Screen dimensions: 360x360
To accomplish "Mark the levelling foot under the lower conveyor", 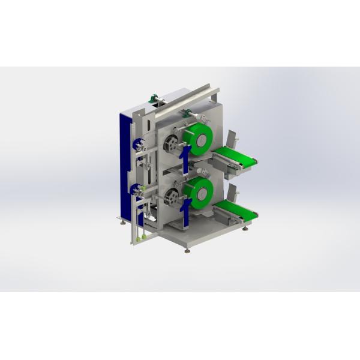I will click(x=246, y=229).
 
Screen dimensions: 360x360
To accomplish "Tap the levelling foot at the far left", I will click(x=124, y=223).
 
